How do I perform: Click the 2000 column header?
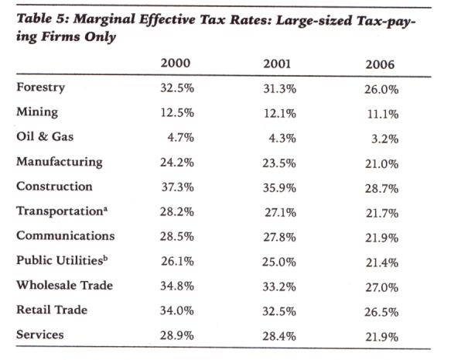pyautogui.click(x=175, y=63)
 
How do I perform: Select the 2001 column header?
pyautogui.click(x=277, y=64)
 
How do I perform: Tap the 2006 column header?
pyautogui.click(x=380, y=64)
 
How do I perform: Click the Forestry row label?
pyautogui.click(x=40, y=87)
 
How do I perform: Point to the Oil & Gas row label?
pyautogui.click(x=45, y=136)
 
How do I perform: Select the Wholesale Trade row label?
pyautogui.click(x=65, y=285)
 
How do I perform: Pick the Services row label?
pyautogui.click(x=40, y=334)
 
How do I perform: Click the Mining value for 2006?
pyautogui.click(x=383, y=115)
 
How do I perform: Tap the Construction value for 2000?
pyautogui.click(x=177, y=187)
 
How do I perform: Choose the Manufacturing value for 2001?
pyautogui.click(x=279, y=163)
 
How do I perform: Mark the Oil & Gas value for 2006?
pyautogui.click(x=384, y=139)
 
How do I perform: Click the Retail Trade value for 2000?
pyautogui.click(x=177, y=310)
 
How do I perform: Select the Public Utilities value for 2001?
pyautogui.click(x=278, y=262)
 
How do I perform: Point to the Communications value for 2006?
pyautogui.click(x=381, y=238)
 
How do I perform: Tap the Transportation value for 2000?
pyautogui.click(x=177, y=212)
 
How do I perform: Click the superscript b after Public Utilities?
pyautogui.click(x=105, y=258)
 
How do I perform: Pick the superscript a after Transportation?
pyautogui.click(x=105, y=210)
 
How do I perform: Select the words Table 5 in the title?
pyautogui.click(x=43, y=19)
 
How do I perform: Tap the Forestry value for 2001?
pyautogui.click(x=279, y=88)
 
